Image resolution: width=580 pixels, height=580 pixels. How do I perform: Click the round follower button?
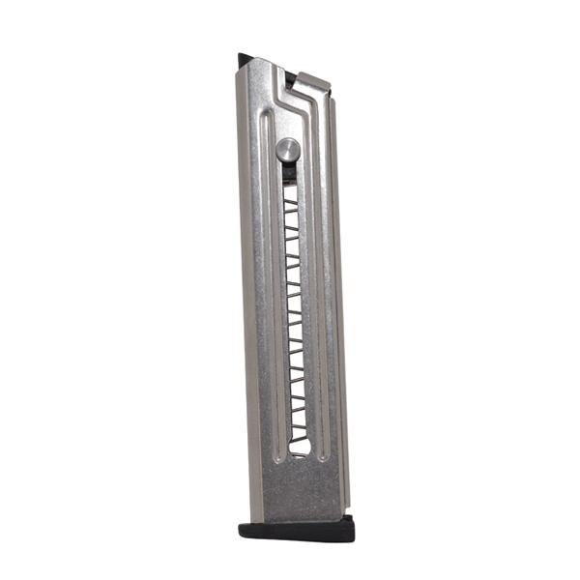(287, 149)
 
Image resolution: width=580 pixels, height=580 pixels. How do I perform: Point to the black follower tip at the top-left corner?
(244, 60)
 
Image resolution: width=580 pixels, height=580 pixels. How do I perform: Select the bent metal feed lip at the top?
(311, 86)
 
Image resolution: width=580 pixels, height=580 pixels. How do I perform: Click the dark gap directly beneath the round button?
(289, 174)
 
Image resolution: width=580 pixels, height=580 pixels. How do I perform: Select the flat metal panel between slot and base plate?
(302, 488)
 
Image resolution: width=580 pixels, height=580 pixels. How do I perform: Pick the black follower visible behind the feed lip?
(290, 76)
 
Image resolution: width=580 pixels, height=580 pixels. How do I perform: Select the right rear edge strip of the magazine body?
(339, 290)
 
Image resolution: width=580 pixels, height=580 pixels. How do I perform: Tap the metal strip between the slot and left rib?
(277, 309)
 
